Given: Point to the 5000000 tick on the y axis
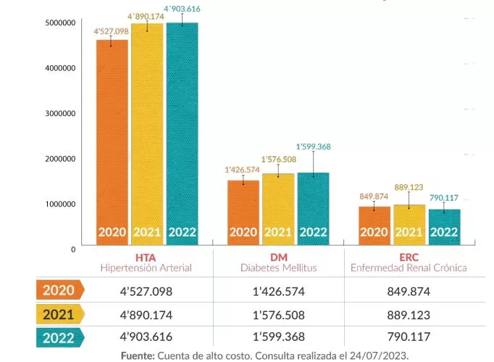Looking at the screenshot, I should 60,22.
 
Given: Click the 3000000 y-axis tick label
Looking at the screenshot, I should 60,113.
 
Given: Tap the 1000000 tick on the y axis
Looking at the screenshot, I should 60,204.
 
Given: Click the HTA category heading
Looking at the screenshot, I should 145,257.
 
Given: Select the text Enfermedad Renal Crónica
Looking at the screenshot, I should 409,268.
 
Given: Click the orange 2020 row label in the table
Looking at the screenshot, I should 59,290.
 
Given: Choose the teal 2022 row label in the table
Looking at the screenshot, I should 59,337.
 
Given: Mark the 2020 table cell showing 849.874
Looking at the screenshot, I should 409,291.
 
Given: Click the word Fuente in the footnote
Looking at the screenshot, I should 137,355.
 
